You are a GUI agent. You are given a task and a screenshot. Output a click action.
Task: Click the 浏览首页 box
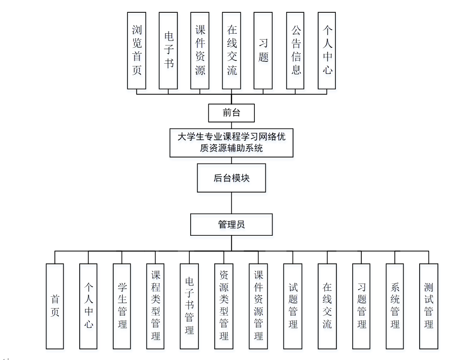pyautogui.click(x=137, y=51)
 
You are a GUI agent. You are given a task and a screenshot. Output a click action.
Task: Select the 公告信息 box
pyautogui.click(x=295, y=51)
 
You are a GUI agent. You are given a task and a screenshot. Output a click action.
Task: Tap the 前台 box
pyautogui.click(x=231, y=113)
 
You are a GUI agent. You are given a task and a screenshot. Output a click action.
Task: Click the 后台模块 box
pyautogui.click(x=231, y=178)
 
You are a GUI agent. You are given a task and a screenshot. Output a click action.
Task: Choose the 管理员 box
pyautogui.click(x=231, y=224)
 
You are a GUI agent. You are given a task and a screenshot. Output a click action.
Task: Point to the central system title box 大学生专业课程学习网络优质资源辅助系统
pyautogui.click(x=231, y=142)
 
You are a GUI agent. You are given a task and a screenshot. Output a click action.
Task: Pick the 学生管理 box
pyautogui.click(x=122, y=306)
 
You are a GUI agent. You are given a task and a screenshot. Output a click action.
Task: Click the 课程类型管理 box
pyautogui.click(x=156, y=306)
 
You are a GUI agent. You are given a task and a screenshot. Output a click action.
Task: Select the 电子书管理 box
pyautogui.click(x=189, y=306)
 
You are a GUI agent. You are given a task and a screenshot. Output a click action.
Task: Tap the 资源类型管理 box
pyautogui.click(x=223, y=306)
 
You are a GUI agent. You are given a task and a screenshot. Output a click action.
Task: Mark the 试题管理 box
pyautogui.click(x=293, y=306)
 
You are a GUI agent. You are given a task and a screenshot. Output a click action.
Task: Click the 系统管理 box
pyautogui.click(x=395, y=306)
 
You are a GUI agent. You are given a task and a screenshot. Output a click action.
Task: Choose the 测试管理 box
pyautogui.click(x=429, y=306)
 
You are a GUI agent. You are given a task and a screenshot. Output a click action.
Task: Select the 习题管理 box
pyautogui.click(x=361, y=306)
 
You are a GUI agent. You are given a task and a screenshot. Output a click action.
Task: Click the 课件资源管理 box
pyautogui.click(x=258, y=306)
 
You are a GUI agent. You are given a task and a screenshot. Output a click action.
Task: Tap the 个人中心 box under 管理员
pyautogui.click(x=88, y=306)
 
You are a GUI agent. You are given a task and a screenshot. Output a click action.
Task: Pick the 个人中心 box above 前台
pyautogui.click(x=327, y=51)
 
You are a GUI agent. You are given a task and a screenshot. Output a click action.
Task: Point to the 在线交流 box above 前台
pyautogui.click(x=231, y=51)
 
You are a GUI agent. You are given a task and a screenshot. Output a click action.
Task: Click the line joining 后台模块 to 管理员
pyautogui.click(x=232, y=203)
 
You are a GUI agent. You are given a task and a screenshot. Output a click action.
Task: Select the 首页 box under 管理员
pyautogui.click(x=55, y=306)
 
